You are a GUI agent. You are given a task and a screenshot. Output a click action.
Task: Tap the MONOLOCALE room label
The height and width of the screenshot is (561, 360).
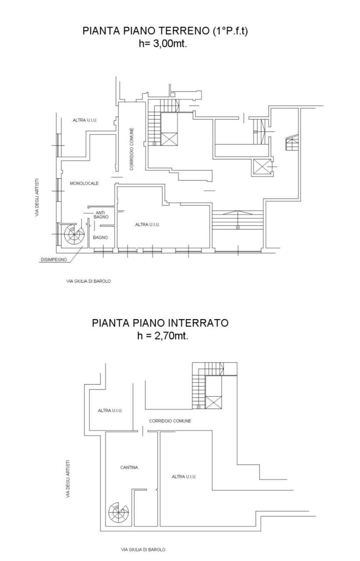click(x=84, y=183)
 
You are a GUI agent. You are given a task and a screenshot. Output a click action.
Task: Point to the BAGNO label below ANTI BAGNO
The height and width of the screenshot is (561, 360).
click(x=101, y=237)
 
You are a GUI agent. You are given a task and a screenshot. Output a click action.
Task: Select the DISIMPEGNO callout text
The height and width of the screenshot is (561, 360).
click(x=53, y=259)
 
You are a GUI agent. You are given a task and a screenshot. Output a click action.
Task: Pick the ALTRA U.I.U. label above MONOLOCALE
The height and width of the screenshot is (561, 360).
click(x=85, y=120)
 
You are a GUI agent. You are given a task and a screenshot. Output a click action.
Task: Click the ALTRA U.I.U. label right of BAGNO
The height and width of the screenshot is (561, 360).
click(x=147, y=224)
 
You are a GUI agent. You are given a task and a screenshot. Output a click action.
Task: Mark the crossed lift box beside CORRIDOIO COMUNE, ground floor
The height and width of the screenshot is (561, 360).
click(x=169, y=138)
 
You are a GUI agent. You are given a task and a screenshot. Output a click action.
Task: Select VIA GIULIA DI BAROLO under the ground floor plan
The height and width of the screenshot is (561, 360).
click(x=88, y=281)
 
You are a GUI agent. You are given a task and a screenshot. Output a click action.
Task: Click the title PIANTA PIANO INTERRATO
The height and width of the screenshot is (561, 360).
click(x=160, y=323)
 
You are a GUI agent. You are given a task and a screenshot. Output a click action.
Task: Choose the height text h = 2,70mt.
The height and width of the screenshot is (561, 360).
click(x=162, y=336)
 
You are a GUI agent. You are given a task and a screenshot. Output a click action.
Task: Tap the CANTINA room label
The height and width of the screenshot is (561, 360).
click(x=129, y=467)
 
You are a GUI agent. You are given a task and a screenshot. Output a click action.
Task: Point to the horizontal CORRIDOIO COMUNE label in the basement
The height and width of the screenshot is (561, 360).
click(x=170, y=421)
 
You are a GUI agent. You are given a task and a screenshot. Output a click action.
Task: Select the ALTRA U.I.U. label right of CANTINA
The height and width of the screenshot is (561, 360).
click(x=184, y=476)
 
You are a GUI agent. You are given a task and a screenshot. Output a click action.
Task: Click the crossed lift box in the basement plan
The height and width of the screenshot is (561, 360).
click(x=213, y=402)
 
